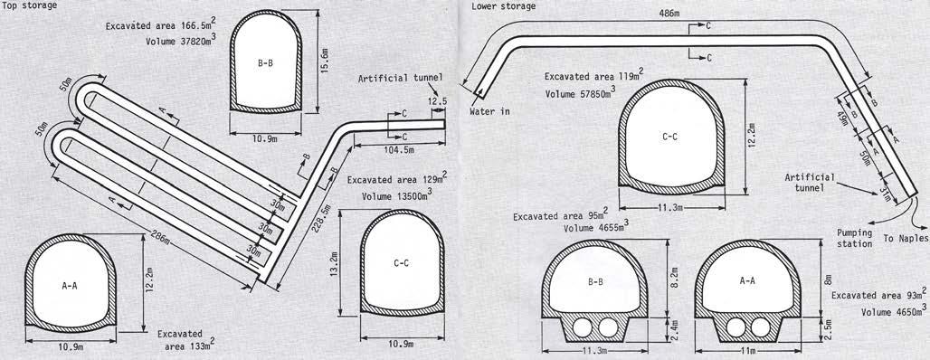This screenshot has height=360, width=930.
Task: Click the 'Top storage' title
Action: pos(29,5)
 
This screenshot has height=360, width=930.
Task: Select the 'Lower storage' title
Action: pos(504,6)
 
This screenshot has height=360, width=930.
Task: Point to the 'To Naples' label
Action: pos(906,239)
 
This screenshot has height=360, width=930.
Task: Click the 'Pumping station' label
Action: pos(854,238)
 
